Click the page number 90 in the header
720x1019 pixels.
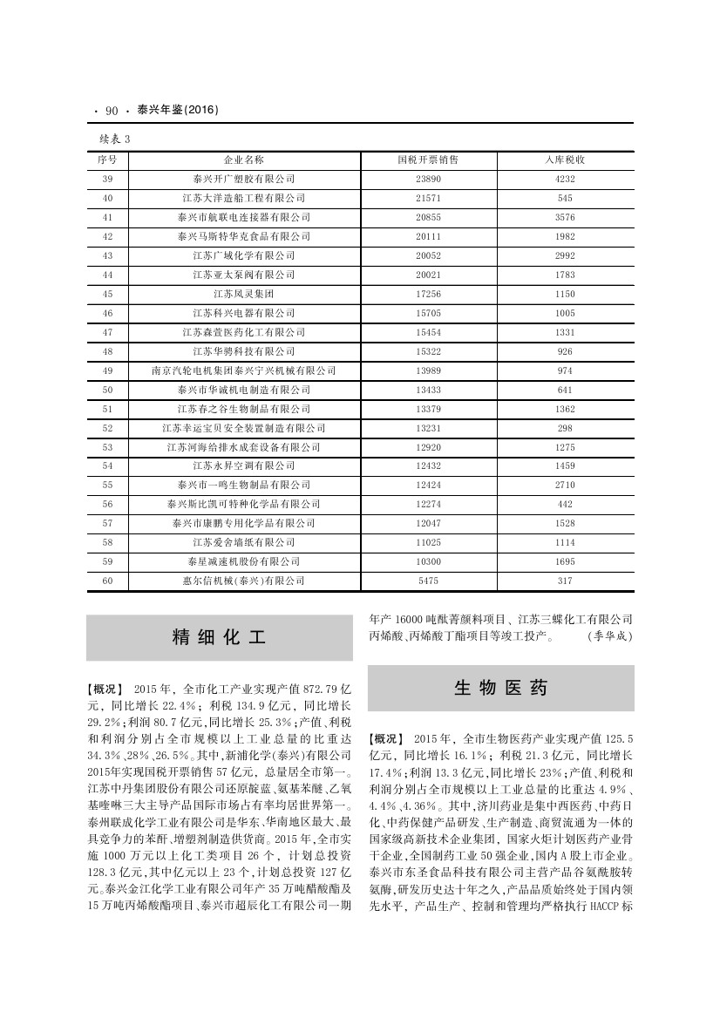[x=111, y=111]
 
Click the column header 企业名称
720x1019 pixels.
[x=243, y=160]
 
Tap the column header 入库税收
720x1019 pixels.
[x=564, y=160]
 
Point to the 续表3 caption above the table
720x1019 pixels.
[x=115, y=138]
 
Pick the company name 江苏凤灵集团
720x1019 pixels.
[x=243, y=294]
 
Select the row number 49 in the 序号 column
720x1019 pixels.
[x=108, y=370]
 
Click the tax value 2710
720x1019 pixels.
[x=564, y=486]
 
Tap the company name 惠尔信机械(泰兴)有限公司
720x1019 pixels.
[x=243, y=581]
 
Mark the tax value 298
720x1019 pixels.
[x=564, y=428]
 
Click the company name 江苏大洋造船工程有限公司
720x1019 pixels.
[x=243, y=198]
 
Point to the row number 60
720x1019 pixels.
[x=108, y=581]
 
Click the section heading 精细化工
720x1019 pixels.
[x=219, y=637]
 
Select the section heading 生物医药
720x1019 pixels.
[x=500, y=688]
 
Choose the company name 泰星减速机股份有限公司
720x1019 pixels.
[x=243, y=561]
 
